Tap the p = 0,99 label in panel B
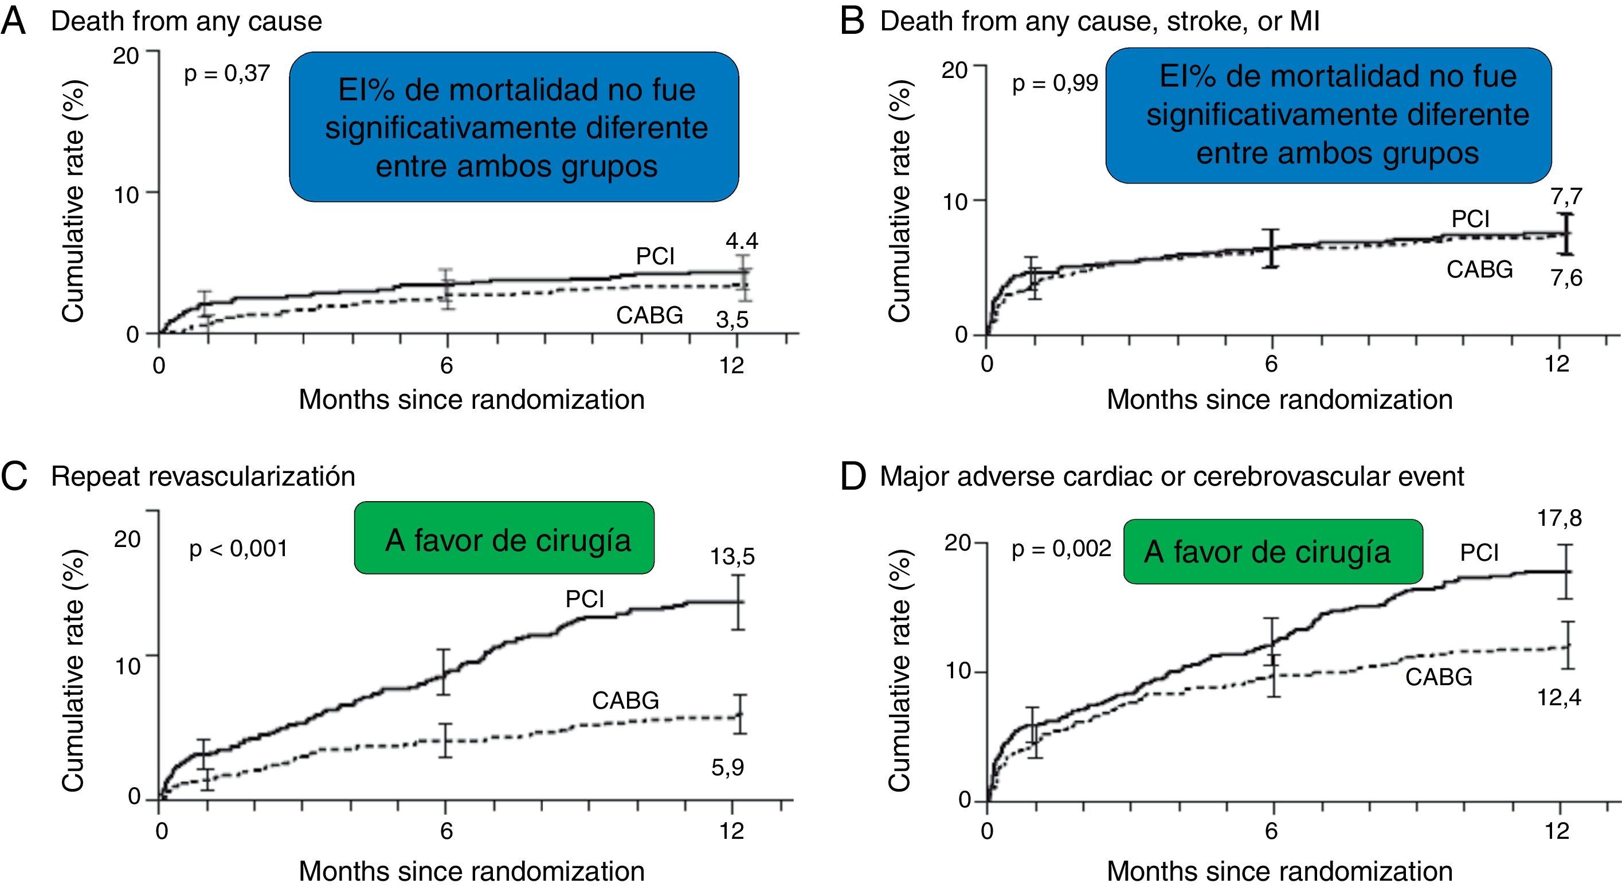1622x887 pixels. click(x=1055, y=83)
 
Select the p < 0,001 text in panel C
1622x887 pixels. click(x=238, y=549)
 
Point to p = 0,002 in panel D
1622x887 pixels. click(x=1061, y=549)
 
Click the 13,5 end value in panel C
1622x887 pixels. click(x=732, y=557)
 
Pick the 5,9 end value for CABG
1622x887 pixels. click(x=727, y=767)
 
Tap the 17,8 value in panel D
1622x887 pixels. click(x=1559, y=518)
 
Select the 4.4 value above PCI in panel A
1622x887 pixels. click(x=742, y=241)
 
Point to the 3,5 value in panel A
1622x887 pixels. click(x=732, y=320)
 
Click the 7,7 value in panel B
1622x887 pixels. click(x=1566, y=197)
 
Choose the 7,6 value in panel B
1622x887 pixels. click(x=1566, y=278)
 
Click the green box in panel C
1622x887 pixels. click(x=504, y=538)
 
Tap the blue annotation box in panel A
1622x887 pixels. click(x=514, y=127)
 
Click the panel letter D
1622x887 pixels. click(x=853, y=477)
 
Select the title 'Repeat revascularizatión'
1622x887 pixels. click(x=203, y=477)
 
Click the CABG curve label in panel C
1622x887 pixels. click(x=625, y=701)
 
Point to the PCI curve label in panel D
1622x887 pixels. click(x=1479, y=553)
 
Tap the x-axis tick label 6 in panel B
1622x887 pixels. click(x=1271, y=364)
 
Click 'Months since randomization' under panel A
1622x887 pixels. click(x=471, y=400)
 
